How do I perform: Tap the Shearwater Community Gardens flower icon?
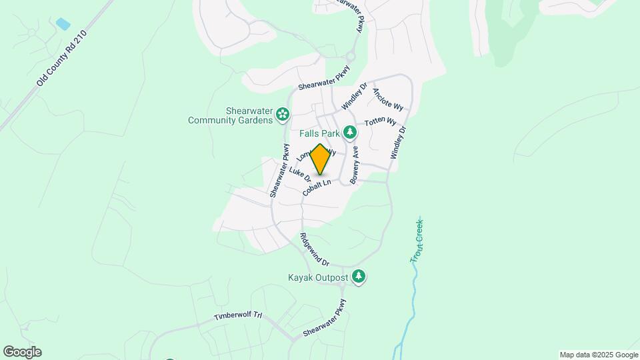click(x=283, y=115)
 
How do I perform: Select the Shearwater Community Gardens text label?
click(x=231, y=115)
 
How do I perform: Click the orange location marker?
click(x=321, y=160)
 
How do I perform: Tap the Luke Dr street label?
click(x=300, y=175)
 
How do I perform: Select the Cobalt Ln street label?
click(x=317, y=187)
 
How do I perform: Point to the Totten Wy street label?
click(x=381, y=123)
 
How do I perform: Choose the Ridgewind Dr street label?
click(x=315, y=249)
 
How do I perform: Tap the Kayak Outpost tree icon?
click(x=359, y=277)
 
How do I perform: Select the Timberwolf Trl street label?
click(x=235, y=315)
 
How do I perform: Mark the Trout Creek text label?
click(x=419, y=241)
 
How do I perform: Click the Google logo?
click(x=22, y=352)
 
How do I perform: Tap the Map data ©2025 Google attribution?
click(x=599, y=355)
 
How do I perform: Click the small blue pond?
click(x=63, y=25)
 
